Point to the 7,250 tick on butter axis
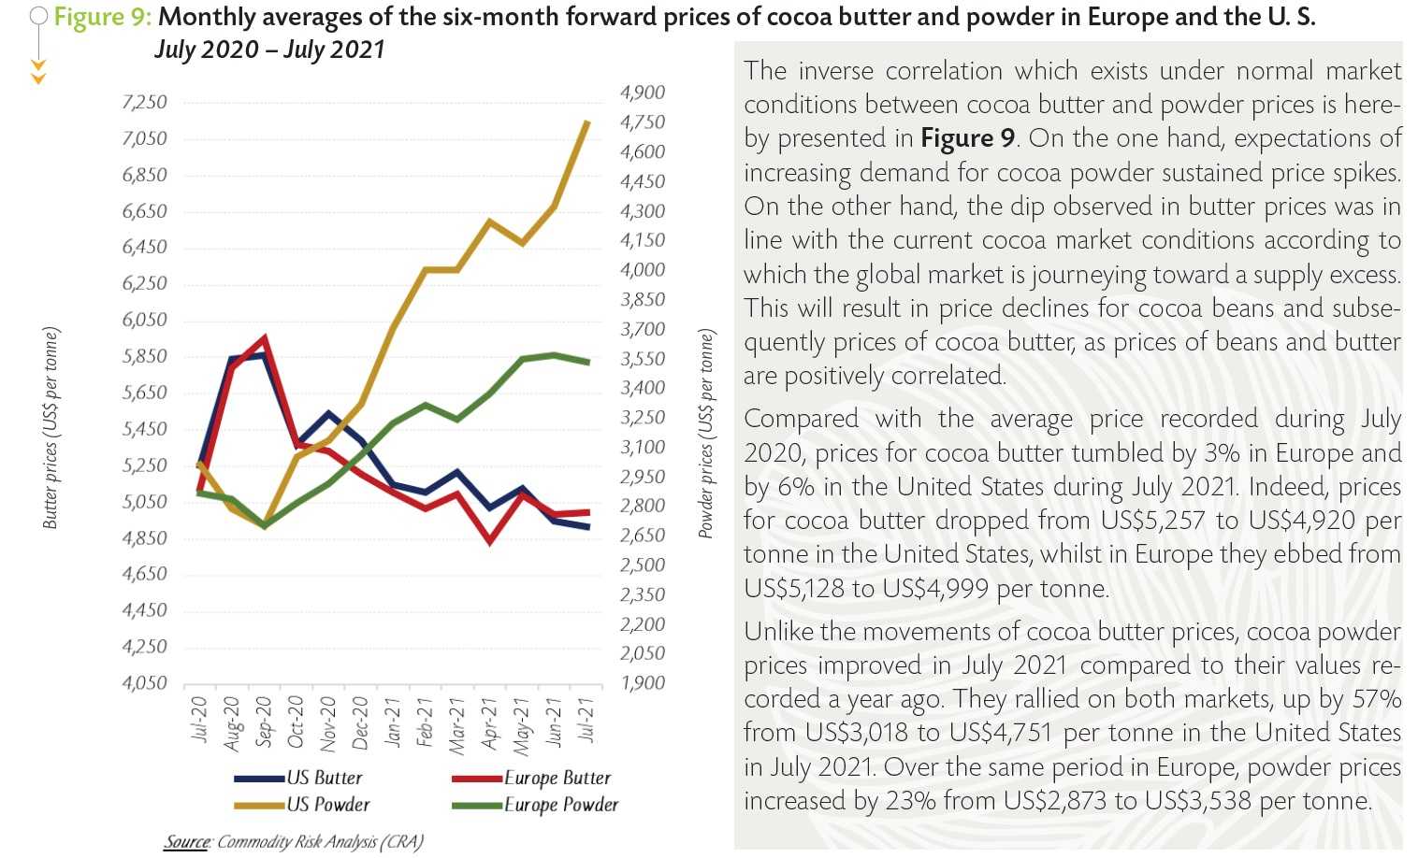click(x=144, y=102)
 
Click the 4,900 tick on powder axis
click(x=643, y=93)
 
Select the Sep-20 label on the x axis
click(x=264, y=722)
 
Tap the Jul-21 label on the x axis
click(x=586, y=720)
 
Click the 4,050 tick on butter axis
click(x=144, y=683)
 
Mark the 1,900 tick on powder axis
click(x=643, y=683)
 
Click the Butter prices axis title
click(x=51, y=428)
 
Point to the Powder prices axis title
click(x=706, y=433)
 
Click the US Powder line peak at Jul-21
click(x=586, y=122)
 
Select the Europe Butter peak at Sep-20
click(x=265, y=337)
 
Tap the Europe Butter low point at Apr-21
click(x=489, y=541)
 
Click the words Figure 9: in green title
click(x=103, y=17)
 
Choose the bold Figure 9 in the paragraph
click(x=967, y=138)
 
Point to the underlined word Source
click(x=187, y=842)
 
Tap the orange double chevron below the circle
click(x=38, y=72)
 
